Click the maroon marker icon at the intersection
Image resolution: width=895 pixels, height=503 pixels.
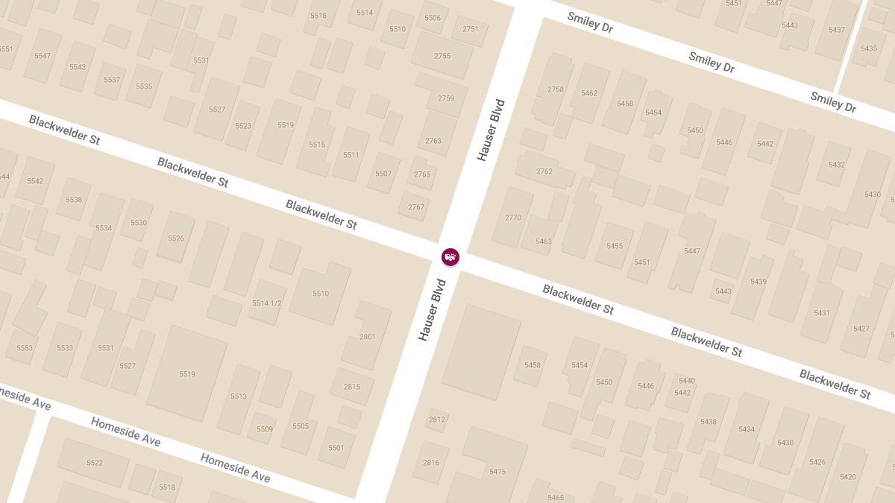tap(450, 257)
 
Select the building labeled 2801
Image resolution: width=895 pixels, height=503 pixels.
tap(368, 337)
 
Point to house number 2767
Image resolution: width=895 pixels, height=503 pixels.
tap(416, 207)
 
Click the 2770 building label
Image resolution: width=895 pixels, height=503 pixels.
tap(513, 218)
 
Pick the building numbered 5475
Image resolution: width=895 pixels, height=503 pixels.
tap(497, 472)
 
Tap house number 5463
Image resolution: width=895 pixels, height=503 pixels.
tap(544, 241)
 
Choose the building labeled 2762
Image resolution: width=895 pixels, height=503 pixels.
tap(544, 172)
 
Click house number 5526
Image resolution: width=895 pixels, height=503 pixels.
tap(176, 238)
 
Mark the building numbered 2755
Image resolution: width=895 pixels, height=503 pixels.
tap(443, 56)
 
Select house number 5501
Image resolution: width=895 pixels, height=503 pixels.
tap(336, 448)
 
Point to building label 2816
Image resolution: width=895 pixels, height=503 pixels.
tap(431, 463)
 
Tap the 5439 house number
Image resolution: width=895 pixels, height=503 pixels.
tap(759, 282)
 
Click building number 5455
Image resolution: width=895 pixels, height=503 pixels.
tap(615, 246)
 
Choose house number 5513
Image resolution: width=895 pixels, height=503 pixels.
tap(239, 396)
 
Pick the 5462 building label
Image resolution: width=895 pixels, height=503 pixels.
tap(589, 94)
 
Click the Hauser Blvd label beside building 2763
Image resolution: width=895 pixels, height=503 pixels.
tap(492, 130)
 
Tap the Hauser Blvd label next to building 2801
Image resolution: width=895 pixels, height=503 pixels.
tap(432, 310)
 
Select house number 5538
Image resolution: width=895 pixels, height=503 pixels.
tap(74, 200)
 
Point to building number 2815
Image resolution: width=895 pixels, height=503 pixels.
tap(352, 387)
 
